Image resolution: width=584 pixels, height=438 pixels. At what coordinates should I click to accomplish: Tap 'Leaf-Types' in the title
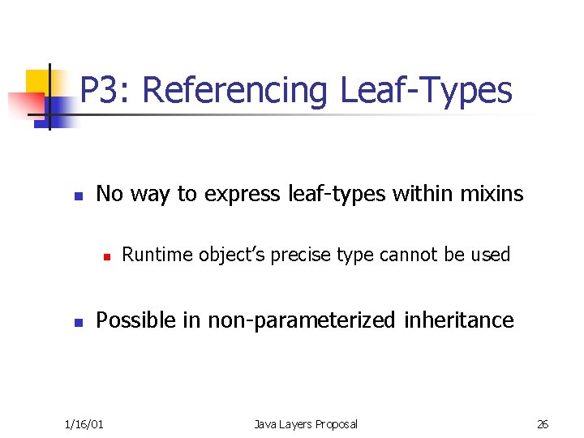[426, 90]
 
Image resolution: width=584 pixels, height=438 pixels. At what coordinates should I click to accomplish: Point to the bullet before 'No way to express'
[78, 196]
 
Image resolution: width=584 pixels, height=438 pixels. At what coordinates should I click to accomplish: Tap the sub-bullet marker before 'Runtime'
[105, 256]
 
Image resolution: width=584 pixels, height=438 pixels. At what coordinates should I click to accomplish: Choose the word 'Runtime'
[152, 255]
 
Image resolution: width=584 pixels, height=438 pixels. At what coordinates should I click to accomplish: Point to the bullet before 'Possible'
[78, 323]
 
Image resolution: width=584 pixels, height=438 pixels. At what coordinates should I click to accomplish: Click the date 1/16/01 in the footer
[84, 424]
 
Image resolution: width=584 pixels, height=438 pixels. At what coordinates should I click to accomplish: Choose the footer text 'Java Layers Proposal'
[305, 424]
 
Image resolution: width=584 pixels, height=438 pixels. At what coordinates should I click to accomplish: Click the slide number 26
[543, 424]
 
